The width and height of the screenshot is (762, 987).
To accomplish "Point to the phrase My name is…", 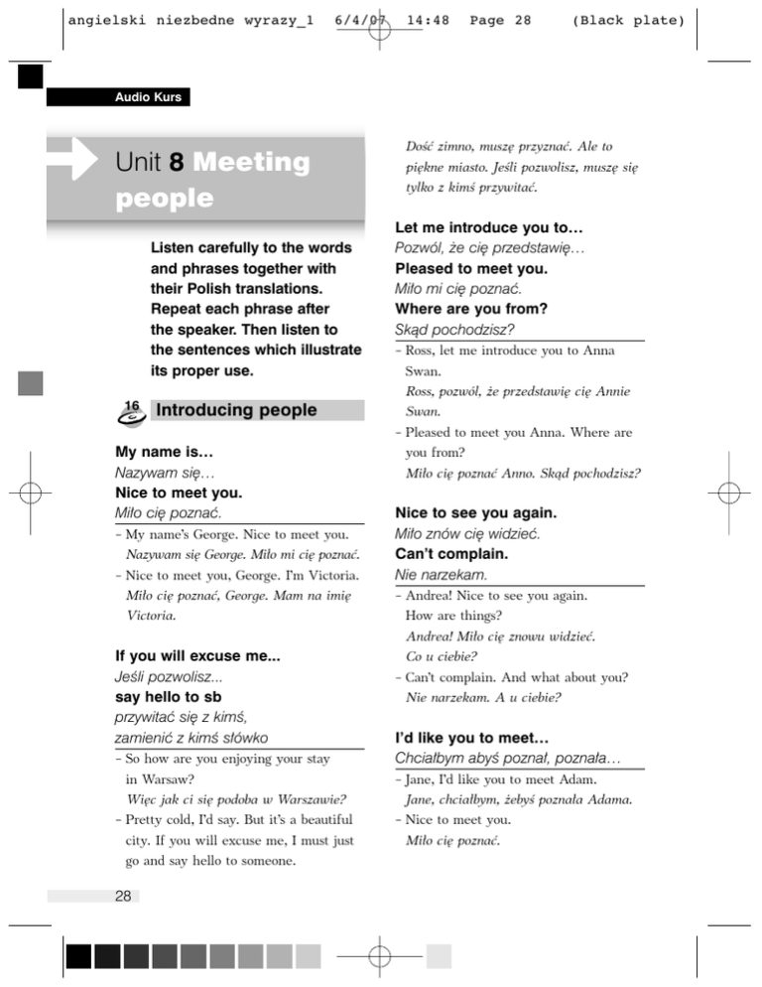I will [x=165, y=454].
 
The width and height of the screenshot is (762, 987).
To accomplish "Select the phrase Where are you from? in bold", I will [x=485, y=308].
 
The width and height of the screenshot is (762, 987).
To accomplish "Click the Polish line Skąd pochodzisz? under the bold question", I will [x=459, y=329].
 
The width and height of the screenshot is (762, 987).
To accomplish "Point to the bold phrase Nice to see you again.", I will [x=490, y=513].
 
